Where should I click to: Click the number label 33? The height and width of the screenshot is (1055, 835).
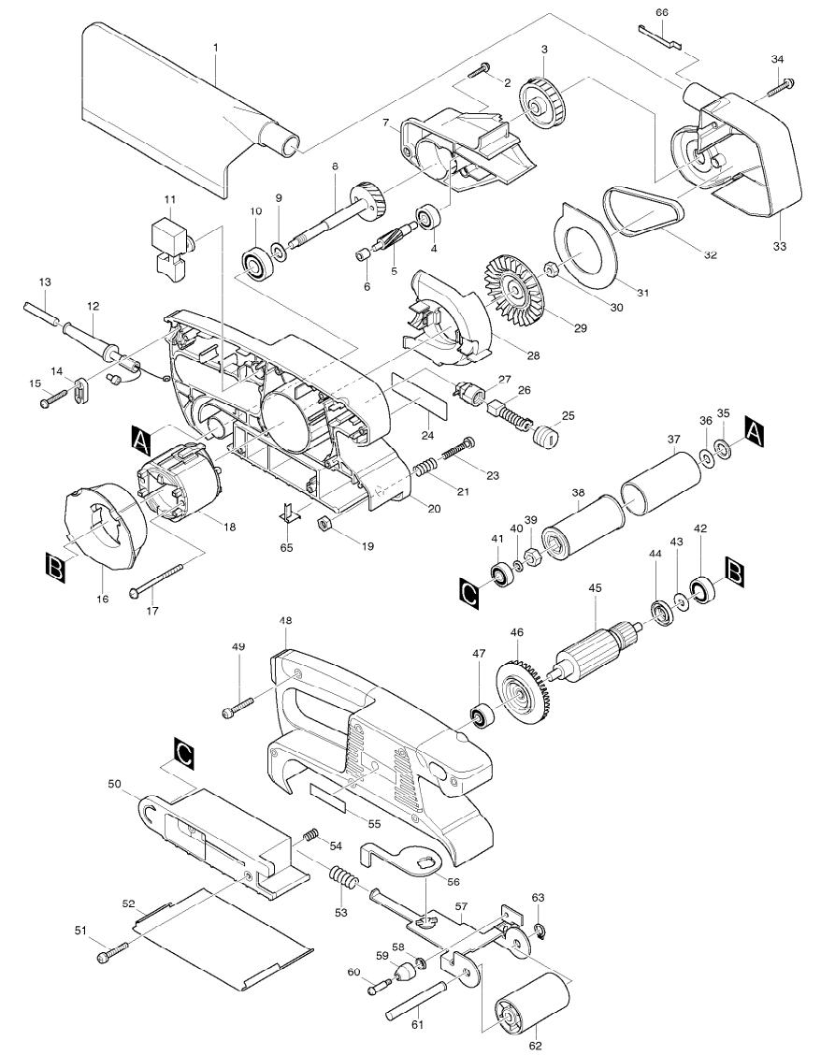point(780,246)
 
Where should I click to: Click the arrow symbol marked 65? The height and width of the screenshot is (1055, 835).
point(288,513)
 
